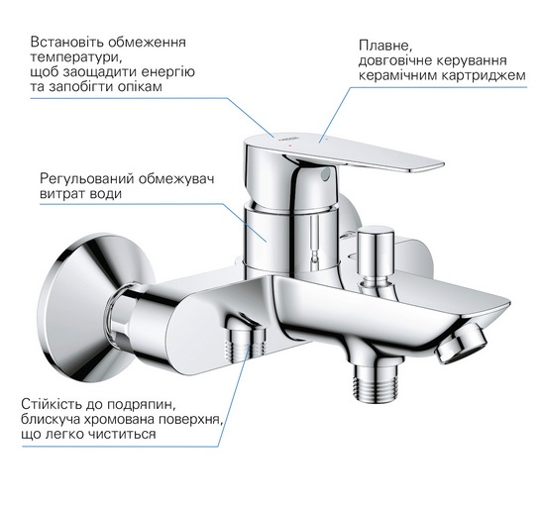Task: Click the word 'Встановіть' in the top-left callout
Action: (x=66, y=43)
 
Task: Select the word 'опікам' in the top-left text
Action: (x=140, y=87)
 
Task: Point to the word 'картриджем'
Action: (x=485, y=75)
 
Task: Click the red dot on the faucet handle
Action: (x=290, y=147)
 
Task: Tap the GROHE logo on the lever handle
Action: (x=288, y=139)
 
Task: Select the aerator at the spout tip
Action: (x=462, y=344)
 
